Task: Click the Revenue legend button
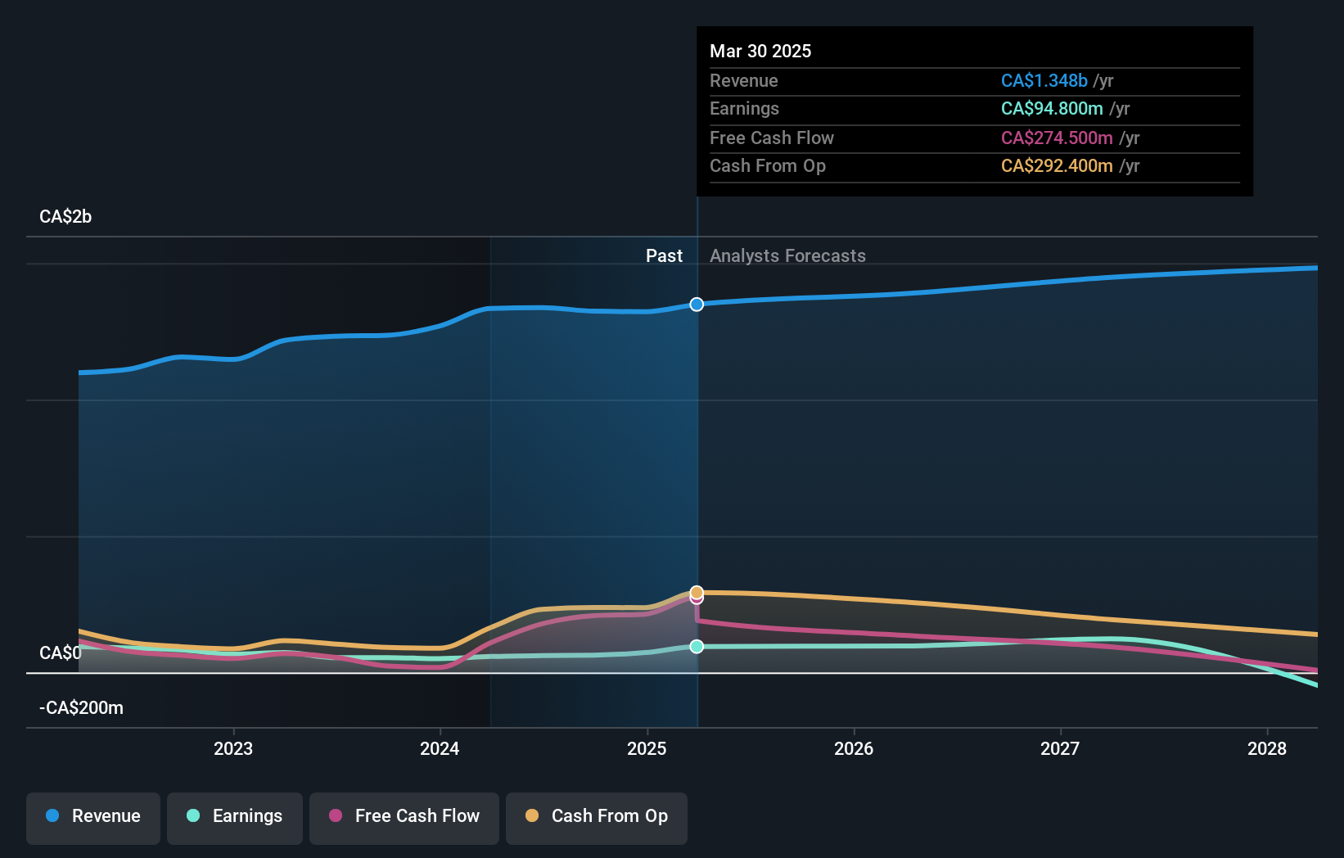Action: point(93,816)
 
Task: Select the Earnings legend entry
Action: point(235,816)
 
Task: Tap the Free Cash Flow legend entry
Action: point(404,816)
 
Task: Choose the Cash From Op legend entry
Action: point(597,816)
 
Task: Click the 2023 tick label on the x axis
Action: point(233,748)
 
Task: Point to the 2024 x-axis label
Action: point(440,748)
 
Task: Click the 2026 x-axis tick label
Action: point(854,748)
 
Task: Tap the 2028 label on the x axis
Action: point(1266,748)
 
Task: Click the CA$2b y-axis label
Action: point(65,217)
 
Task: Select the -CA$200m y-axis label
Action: point(81,708)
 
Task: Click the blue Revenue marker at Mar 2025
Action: point(697,305)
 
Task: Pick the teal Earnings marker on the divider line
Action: point(697,647)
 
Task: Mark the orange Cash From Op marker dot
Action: point(697,592)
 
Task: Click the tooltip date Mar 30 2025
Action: point(760,52)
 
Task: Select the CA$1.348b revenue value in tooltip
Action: point(1044,81)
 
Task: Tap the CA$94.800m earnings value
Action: point(1052,109)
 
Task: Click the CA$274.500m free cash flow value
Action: point(1057,138)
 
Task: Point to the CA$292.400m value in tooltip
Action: point(1057,166)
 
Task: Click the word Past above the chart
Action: point(664,256)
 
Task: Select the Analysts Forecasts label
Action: point(787,256)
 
